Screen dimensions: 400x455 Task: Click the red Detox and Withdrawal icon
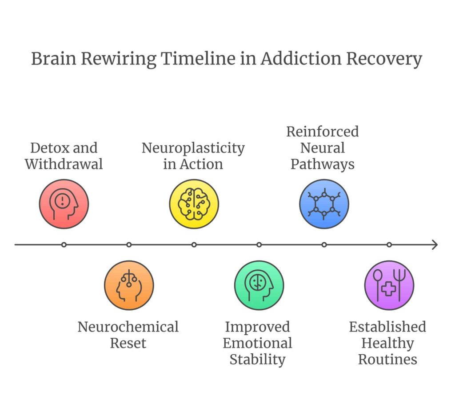click(64, 204)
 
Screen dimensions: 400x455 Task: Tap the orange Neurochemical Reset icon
click(129, 285)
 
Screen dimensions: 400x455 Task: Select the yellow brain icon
click(194, 204)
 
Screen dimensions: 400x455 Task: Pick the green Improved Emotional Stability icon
click(259, 285)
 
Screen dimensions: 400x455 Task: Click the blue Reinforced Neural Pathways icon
click(324, 204)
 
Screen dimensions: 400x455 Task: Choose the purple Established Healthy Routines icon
click(389, 285)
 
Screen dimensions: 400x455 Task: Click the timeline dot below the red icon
click(64, 244)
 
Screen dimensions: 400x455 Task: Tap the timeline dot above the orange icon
click(129, 244)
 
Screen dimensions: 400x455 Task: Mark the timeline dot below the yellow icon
click(194, 244)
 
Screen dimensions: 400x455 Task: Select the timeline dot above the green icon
click(259, 244)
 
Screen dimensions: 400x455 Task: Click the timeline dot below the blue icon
click(324, 244)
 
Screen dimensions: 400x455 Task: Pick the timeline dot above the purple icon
click(389, 244)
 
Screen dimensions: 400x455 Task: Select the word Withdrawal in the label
click(64, 164)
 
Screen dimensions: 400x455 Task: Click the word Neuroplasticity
click(193, 148)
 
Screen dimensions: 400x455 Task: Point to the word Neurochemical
click(128, 327)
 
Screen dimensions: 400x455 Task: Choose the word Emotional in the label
click(257, 343)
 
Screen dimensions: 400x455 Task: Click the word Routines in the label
click(387, 359)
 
